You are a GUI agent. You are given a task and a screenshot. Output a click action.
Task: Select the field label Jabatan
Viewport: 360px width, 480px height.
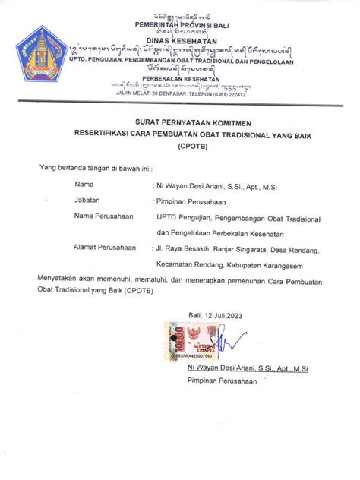pos(88,201)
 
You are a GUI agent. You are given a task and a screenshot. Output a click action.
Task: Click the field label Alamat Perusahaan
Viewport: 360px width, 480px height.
pos(105,247)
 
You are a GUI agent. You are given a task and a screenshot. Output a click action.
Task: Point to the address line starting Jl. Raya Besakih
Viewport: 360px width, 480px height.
pos(237,248)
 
